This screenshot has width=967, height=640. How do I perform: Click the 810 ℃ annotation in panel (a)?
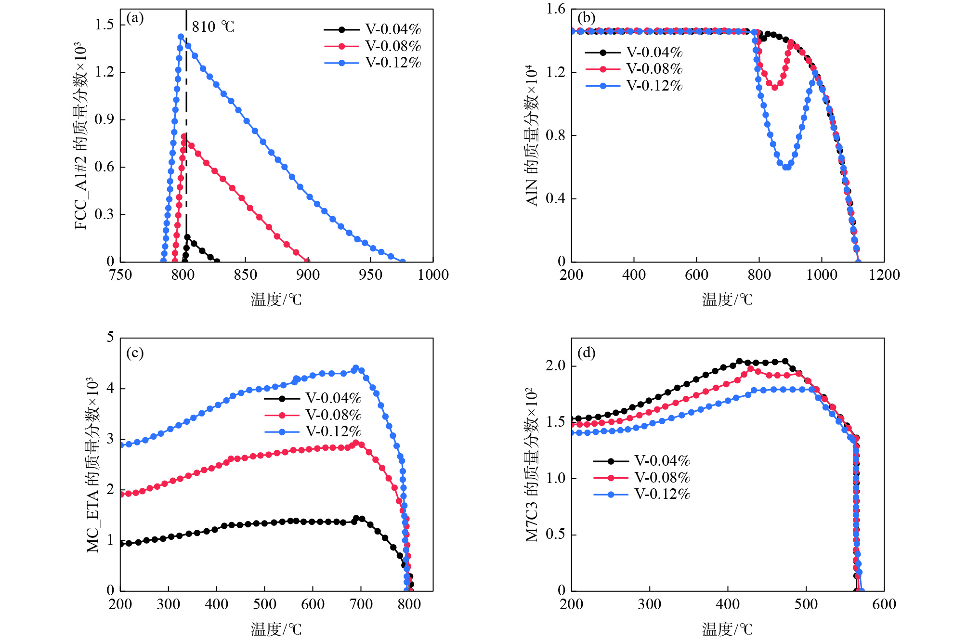click(213, 26)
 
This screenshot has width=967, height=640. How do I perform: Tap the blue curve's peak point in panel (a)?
click(181, 37)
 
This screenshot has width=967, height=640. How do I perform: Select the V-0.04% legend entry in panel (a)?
click(373, 29)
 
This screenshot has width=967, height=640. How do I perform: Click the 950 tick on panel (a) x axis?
click(370, 275)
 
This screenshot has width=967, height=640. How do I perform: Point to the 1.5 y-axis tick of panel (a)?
click(105, 25)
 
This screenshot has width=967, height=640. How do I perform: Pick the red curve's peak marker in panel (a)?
click(184, 136)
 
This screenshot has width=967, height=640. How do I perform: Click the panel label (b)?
click(586, 18)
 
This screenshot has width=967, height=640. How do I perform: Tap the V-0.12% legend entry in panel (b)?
click(634, 86)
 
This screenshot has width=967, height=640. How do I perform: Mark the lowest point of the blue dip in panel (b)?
click(786, 167)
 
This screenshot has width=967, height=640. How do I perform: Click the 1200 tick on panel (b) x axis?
click(884, 275)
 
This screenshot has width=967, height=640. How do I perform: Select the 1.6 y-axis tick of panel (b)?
click(555, 9)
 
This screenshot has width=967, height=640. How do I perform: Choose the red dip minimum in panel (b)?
click(774, 88)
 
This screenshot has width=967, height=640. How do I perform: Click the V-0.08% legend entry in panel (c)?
click(313, 415)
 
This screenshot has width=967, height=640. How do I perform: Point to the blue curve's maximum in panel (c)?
click(356, 368)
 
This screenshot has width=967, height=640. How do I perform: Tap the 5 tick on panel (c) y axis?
click(110, 337)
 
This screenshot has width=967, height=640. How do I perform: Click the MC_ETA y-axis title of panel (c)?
click(92, 465)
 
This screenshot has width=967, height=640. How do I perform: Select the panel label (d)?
click(586, 353)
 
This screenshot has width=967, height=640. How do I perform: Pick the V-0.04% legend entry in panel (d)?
click(641, 461)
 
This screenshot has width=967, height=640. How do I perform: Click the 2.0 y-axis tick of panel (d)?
click(555, 366)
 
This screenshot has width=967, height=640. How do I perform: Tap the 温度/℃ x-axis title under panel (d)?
click(727, 629)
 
